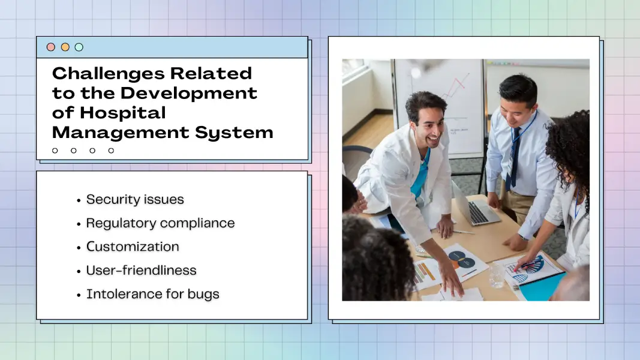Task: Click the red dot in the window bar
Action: pos(51,47)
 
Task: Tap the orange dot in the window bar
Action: pos(65,47)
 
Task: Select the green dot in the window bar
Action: pos(79,47)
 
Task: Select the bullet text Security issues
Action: pos(135,199)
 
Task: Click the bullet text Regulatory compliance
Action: pos(160,223)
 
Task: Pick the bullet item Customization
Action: pos(133,247)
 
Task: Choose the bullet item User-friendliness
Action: pos(141,271)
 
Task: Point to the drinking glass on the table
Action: pos(496,277)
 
